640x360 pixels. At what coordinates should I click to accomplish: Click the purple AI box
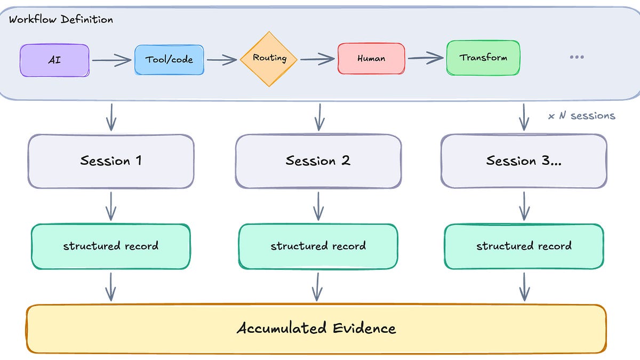pyautogui.click(x=54, y=60)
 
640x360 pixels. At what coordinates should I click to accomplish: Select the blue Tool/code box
pyautogui.click(x=169, y=60)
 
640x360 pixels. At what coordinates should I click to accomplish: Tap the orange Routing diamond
pyautogui.click(x=269, y=59)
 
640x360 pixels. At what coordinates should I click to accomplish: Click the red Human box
pyautogui.click(x=371, y=59)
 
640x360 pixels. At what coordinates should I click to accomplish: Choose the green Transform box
pyautogui.click(x=483, y=58)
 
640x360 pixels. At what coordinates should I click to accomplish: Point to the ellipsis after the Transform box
pyautogui.click(x=577, y=57)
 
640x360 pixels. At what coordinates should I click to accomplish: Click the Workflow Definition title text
pyautogui.click(x=61, y=20)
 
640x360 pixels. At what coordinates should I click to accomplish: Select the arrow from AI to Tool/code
pyautogui.click(x=111, y=60)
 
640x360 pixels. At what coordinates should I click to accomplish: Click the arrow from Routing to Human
pyautogui.click(x=317, y=59)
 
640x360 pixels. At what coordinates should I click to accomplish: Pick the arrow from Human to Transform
pyautogui.click(x=426, y=58)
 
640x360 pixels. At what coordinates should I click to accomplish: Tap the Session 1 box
pyautogui.click(x=111, y=161)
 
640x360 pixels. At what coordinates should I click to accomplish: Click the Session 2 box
pyautogui.click(x=318, y=161)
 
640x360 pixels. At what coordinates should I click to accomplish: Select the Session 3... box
pyautogui.click(x=524, y=161)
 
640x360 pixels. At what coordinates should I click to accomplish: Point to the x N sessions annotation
pyautogui.click(x=581, y=116)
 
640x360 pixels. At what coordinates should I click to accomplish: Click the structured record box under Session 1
pyautogui.click(x=111, y=246)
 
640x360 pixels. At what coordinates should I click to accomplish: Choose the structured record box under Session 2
pyautogui.click(x=318, y=246)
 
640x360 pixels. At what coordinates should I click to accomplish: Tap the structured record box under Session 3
pyautogui.click(x=524, y=246)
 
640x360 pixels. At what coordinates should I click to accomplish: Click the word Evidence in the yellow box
pyautogui.click(x=364, y=329)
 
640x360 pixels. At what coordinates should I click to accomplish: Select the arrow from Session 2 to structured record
pyautogui.click(x=318, y=206)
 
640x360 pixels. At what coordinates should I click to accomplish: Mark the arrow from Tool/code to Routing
pyautogui.click(x=222, y=60)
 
